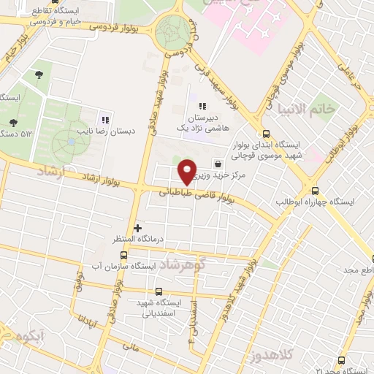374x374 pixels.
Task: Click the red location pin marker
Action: [x=188, y=171]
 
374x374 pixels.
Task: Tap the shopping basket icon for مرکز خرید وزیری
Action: [x=217, y=163]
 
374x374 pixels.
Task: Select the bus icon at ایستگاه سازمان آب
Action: [x=123, y=255]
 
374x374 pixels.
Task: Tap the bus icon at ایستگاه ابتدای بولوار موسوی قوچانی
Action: [x=265, y=134]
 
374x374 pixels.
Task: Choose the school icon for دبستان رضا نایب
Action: [x=105, y=120]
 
